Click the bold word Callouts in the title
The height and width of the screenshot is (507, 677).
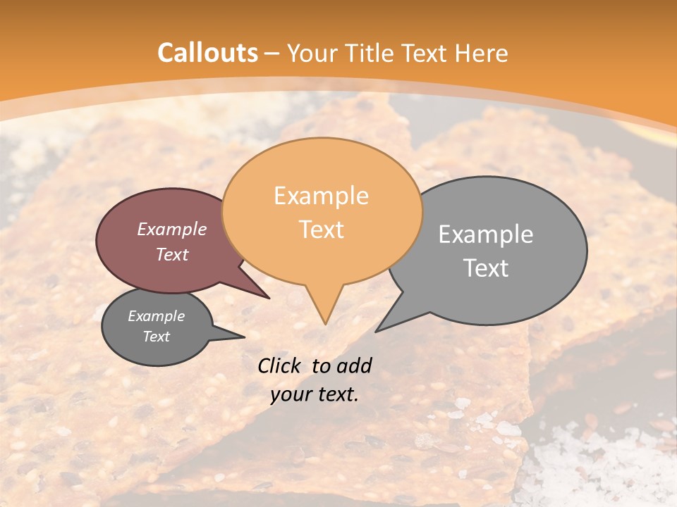(x=207, y=53)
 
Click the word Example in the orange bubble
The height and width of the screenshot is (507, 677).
(x=321, y=196)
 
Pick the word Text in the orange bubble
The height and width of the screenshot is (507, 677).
(x=322, y=230)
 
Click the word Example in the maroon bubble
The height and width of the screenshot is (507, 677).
(x=172, y=229)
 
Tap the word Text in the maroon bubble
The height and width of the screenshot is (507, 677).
(x=172, y=254)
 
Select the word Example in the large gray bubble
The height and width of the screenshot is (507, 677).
(x=486, y=234)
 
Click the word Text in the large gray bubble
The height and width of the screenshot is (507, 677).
(x=486, y=268)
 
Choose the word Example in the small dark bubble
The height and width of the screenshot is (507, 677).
(x=157, y=316)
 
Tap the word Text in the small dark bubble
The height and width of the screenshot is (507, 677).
(x=157, y=337)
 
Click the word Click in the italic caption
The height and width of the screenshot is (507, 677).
(x=279, y=365)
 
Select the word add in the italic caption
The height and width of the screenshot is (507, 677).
(x=354, y=365)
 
